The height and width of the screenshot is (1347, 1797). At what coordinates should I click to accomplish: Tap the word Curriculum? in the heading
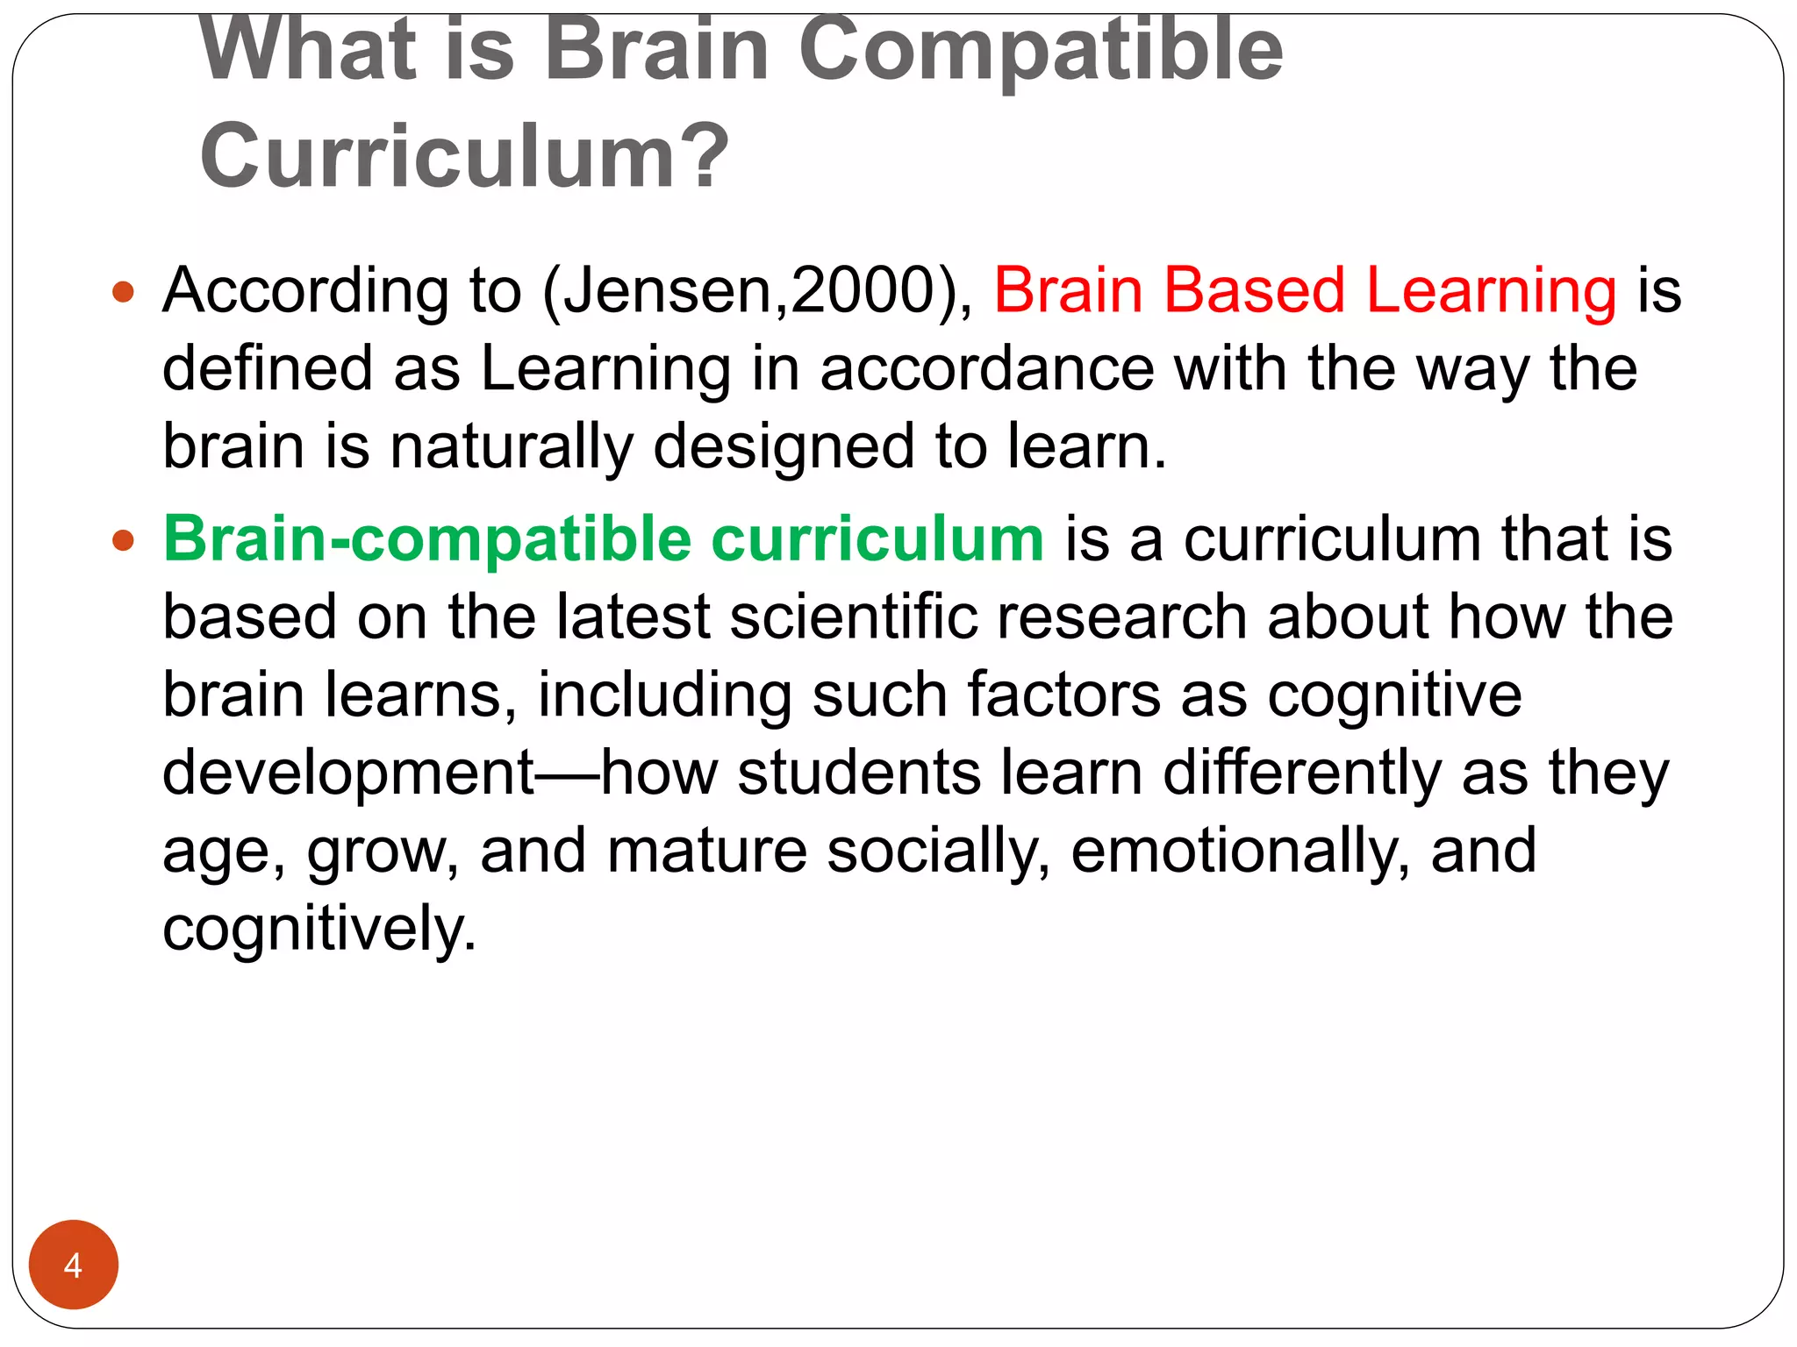click(464, 156)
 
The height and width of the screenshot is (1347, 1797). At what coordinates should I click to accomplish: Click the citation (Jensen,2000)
click(758, 291)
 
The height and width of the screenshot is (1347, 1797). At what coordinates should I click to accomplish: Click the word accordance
click(987, 368)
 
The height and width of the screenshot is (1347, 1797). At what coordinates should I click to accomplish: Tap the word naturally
click(512, 447)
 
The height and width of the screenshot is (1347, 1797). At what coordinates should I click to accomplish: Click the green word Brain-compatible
click(427, 539)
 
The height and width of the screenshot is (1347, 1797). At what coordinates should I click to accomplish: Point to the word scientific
click(853, 616)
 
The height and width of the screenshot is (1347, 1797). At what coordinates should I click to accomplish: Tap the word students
click(859, 773)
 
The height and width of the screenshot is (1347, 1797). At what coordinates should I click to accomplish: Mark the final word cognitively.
click(319, 929)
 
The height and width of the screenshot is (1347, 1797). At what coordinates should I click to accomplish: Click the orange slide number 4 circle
click(73, 1265)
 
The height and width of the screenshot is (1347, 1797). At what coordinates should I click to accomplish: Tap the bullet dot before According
click(124, 292)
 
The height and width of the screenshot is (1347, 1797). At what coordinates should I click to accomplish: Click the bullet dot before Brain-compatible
click(124, 540)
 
